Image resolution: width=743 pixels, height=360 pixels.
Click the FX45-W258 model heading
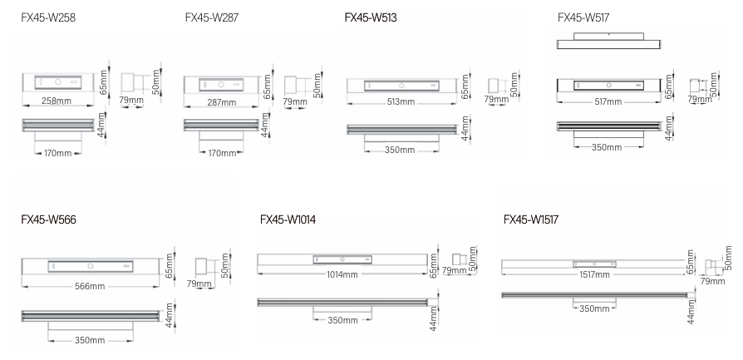click(x=48, y=18)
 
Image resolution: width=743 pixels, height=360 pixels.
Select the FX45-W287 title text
click(x=212, y=18)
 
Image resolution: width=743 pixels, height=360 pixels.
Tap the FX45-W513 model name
click(x=371, y=18)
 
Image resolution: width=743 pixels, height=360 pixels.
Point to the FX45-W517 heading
click(x=583, y=18)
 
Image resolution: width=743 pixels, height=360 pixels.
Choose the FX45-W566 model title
click(x=48, y=220)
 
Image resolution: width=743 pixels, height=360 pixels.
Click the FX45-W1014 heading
click(x=288, y=220)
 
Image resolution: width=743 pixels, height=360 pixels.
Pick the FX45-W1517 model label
click(x=531, y=220)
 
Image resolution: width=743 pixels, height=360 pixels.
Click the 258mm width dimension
click(x=57, y=101)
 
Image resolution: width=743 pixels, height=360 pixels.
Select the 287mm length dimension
click(x=221, y=102)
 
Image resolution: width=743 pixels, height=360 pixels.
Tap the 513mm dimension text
click(x=401, y=101)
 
